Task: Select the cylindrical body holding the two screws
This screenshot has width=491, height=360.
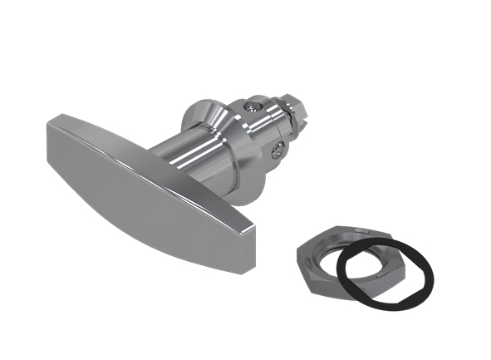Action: tap(262, 133)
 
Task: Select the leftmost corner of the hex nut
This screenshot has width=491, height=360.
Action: tap(297, 249)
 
